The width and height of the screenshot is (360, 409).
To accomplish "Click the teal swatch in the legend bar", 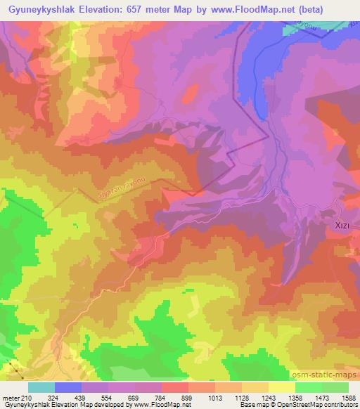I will [x=41, y=387].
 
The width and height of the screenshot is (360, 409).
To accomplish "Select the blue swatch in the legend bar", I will [x=68, y=387].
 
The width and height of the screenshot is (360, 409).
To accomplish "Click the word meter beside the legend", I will [x=10, y=398].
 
